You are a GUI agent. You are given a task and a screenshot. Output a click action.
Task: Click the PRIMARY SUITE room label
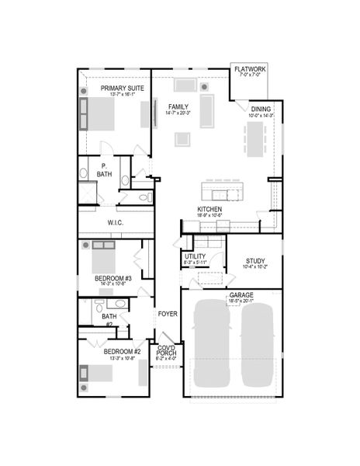[x=122, y=89]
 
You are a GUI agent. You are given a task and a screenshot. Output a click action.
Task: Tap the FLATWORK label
[x=250, y=70]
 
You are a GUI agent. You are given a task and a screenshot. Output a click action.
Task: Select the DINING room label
[x=261, y=110]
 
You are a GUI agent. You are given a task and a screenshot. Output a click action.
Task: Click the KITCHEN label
[x=210, y=210]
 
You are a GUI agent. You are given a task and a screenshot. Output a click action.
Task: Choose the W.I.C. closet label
[x=116, y=223]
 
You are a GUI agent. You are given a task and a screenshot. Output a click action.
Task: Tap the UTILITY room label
[x=195, y=256]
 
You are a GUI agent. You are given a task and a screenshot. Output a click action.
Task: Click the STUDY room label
[x=255, y=261]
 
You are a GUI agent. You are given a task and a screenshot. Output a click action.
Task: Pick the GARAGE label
[x=241, y=296]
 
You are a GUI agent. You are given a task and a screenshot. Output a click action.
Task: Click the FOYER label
[x=168, y=315]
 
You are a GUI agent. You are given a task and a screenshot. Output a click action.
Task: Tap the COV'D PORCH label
[x=166, y=352]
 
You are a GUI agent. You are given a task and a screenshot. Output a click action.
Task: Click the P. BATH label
[x=105, y=170]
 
